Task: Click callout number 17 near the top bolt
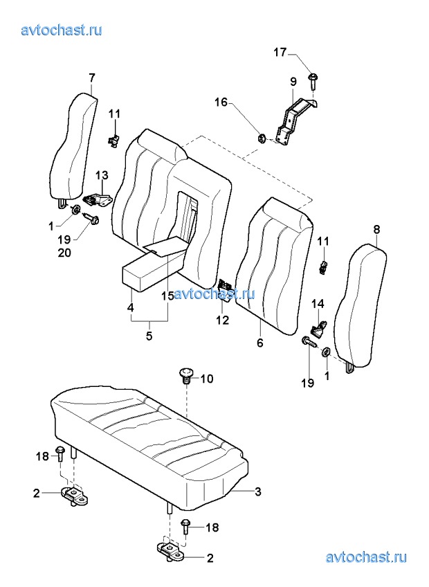click(280, 53)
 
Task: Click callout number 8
click(376, 229)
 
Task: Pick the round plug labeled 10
click(185, 375)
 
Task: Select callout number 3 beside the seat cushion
click(257, 491)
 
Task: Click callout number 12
click(223, 320)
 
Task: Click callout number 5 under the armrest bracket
click(149, 336)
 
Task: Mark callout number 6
click(260, 342)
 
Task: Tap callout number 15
click(167, 296)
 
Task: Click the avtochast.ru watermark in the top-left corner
click(62, 30)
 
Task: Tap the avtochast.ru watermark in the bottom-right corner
click(365, 557)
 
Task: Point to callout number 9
click(293, 80)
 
